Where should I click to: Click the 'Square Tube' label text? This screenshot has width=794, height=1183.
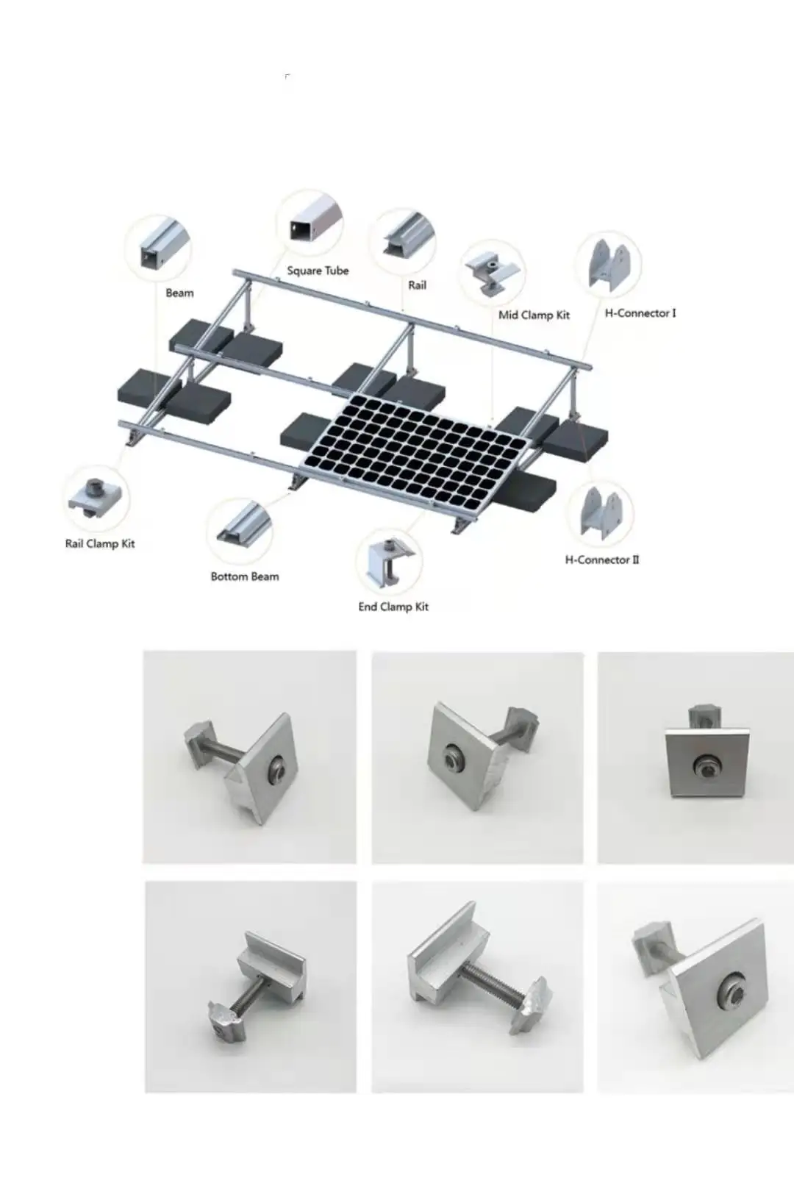[318, 271]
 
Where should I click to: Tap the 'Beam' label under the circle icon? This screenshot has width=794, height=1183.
[179, 293]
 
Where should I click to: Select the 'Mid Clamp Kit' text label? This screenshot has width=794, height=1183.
[534, 315]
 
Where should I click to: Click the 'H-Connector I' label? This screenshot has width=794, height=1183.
[640, 313]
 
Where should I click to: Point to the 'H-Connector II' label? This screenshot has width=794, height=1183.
[601, 560]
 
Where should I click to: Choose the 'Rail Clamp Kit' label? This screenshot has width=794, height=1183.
[100, 544]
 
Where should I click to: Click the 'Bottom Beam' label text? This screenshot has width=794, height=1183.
[245, 576]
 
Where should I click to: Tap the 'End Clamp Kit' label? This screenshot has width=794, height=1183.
[393, 607]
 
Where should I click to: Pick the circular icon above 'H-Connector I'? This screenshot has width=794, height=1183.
[608, 264]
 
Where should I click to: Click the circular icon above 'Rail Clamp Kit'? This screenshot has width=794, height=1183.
[96, 498]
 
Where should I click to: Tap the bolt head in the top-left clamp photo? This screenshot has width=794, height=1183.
[277, 767]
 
